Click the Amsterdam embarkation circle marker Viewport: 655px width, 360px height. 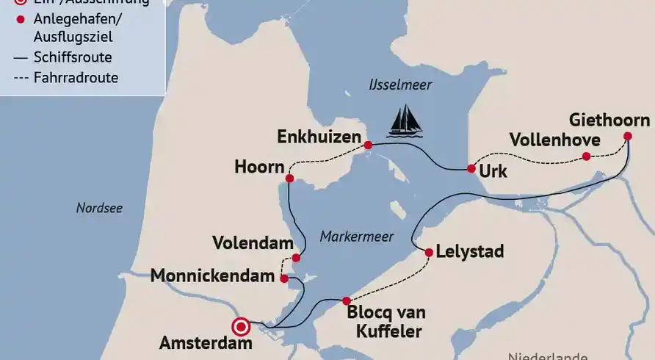[240, 327]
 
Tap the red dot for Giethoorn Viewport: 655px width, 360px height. [628, 136]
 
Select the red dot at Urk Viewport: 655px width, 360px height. [471, 168]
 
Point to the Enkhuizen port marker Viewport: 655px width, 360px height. [368, 145]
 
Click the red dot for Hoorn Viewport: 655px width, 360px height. [289, 179]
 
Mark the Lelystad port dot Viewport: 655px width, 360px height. [429, 252]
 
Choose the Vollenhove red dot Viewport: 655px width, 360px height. [586, 156]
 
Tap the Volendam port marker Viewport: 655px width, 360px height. [296, 257]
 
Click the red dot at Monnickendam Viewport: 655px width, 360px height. [284, 278]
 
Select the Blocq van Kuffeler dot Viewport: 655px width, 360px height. [347, 300]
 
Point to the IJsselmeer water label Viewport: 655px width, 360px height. [400, 85]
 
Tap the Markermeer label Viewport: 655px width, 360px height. [356, 237]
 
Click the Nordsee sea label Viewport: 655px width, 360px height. [99, 208]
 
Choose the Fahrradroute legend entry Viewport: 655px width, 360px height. [76, 77]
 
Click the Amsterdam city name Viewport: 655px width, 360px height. [206, 343]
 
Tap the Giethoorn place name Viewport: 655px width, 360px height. [609, 120]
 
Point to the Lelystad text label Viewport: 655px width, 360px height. [470, 252]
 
